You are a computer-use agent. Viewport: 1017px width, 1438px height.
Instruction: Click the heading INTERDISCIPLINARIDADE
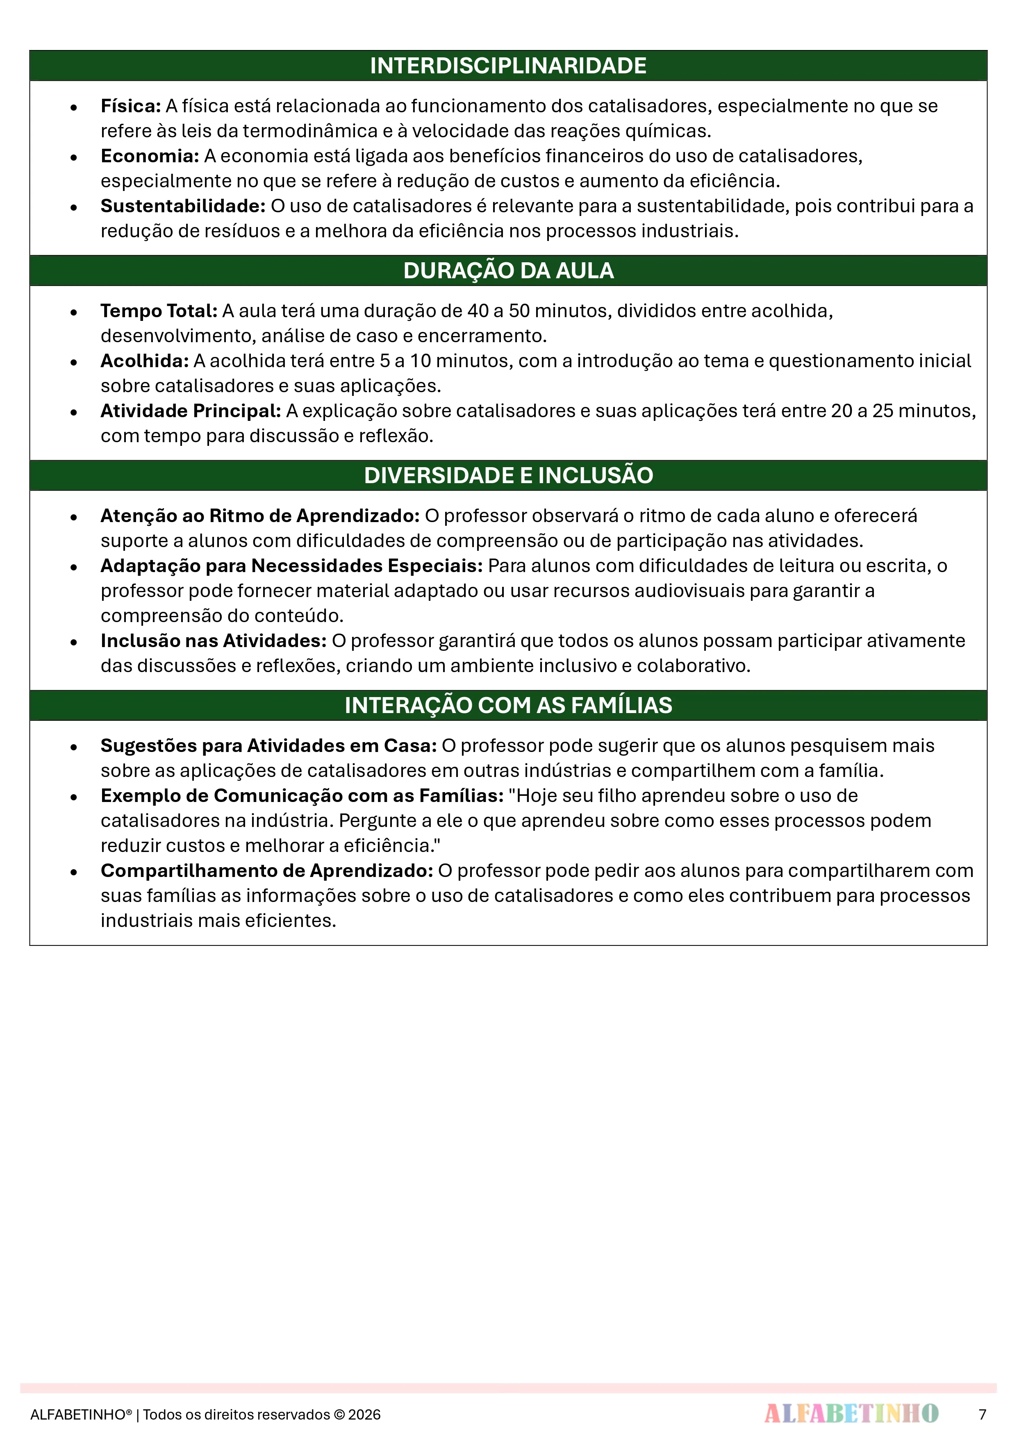point(508,66)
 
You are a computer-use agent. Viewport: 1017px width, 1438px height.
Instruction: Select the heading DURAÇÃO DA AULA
point(508,270)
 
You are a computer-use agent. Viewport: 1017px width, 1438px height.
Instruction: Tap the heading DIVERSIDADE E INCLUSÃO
point(508,475)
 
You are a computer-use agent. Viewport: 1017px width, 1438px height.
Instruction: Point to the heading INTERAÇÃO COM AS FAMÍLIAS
point(508,705)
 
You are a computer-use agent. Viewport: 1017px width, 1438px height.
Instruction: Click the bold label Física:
point(131,106)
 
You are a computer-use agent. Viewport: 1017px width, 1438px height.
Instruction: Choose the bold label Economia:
point(150,156)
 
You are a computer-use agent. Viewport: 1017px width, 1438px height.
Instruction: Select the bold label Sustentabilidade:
point(183,206)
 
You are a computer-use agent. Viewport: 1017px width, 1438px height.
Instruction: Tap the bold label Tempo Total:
point(159,311)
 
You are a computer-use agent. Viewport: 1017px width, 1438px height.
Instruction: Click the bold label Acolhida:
point(145,361)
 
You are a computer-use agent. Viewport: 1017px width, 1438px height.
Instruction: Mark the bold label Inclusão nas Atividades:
point(214,641)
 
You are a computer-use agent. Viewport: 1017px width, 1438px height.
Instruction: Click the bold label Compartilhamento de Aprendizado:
point(267,870)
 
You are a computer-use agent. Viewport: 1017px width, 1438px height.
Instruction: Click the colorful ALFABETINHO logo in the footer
point(851,1413)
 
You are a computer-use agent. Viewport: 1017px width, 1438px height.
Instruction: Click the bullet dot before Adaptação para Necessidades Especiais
point(74,567)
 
